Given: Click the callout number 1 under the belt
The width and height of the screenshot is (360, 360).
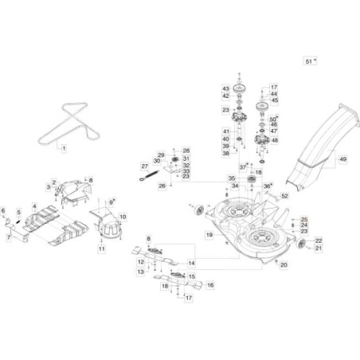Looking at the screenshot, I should pyautogui.click(x=65, y=148).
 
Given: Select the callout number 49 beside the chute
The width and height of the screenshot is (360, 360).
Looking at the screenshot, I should pyautogui.click(x=342, y=160).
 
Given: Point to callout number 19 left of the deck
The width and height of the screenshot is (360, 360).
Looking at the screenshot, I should pyautogui.click(x=209, y=235).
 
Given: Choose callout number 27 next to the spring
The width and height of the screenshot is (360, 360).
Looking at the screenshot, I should pyautogui.click(x=145, y=166).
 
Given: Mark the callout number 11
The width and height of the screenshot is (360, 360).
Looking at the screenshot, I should pyautogui.click(x=102, y=249).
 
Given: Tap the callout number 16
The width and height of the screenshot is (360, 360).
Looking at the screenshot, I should pyautogui.click(x=210, y=284).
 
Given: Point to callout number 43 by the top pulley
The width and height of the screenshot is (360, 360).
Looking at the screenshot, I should pyautogui.click(x=225, y=88).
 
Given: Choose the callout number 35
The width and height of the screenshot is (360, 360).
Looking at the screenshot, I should pyautogui.click(x=232, y=178).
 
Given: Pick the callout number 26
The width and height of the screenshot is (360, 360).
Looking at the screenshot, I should pyautogui.click(x=161, y=186).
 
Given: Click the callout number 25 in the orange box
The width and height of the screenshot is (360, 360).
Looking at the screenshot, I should pyautogui.click(x=303, y=218).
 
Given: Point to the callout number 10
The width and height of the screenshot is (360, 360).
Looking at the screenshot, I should pyautogui.click(x=123, y=216).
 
